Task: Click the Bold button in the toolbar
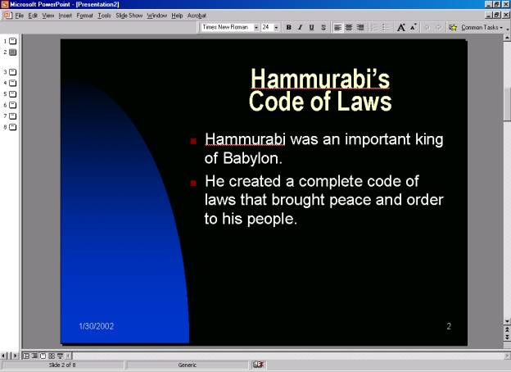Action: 289,27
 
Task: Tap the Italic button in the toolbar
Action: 300,27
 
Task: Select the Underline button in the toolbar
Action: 311,27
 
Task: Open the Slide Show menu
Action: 129,16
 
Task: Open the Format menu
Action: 84,16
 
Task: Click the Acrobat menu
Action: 197,16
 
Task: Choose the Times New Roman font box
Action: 228,27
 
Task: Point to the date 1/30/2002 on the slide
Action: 97,326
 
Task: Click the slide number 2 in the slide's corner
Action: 449,326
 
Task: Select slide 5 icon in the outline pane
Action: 13,94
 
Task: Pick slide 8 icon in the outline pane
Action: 13,127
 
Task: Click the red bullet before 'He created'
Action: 193,184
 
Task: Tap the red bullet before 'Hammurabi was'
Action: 193,141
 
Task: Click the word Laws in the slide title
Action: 364,101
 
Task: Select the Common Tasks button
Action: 477,27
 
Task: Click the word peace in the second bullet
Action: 350,200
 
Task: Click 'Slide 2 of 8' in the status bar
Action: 62,365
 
